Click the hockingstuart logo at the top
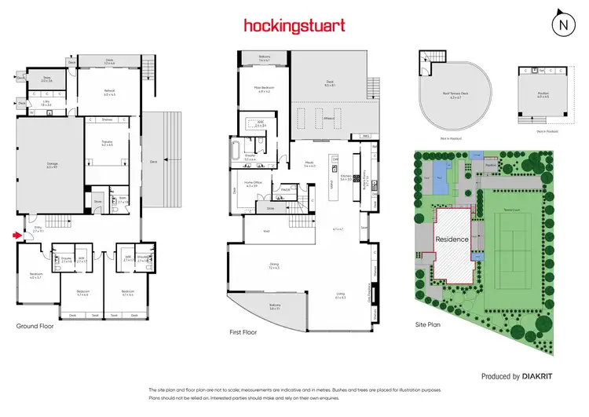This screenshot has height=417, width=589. point(294,26)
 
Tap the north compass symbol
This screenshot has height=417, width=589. point(562,24)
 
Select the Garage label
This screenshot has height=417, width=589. point(52,164)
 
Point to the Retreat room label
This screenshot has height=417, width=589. point(109,90)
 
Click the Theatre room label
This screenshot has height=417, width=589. point(108,142)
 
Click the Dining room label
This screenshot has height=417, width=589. point(274,265)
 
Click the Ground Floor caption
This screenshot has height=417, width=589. point(35,325)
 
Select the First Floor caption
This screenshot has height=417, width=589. point(243,332)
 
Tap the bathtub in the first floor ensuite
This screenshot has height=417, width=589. point(237,150)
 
